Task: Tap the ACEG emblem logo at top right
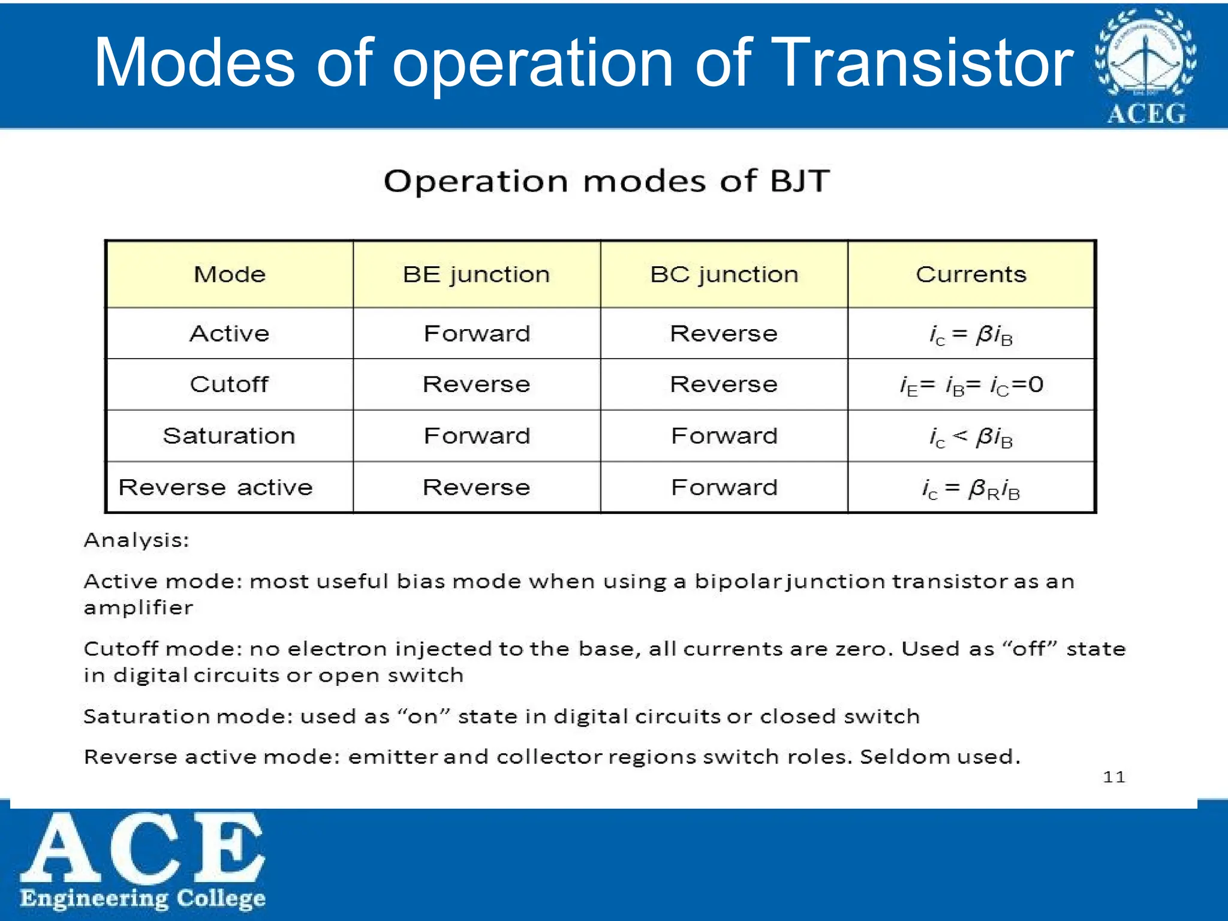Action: click(x=1146, y=66)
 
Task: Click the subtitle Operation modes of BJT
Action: click(x=607, y=180)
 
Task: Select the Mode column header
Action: click(x=230, y=275)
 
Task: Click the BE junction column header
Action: click(x=476, y=275)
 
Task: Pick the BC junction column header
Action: click(x=724, y=275)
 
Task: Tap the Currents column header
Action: click(x=971, y=275)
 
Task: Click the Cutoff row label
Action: click(x=229, y=384)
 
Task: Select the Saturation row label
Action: click(x=229, y=436)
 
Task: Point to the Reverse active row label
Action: click(x=216, y=487)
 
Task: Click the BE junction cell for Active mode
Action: click(x=477, y=333)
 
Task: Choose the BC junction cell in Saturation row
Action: click(x=724, y=436)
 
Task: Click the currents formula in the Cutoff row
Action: click(x=971, y=385)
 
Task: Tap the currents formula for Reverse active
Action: click(x=971, y=489)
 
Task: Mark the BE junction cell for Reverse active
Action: click(x=477, y=487)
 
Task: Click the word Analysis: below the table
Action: click(x=137, y=540)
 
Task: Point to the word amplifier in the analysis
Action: click(x=139, y=608)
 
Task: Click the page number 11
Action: click(x=1114, y=777)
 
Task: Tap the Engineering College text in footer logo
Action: click(x=143, y=898)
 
